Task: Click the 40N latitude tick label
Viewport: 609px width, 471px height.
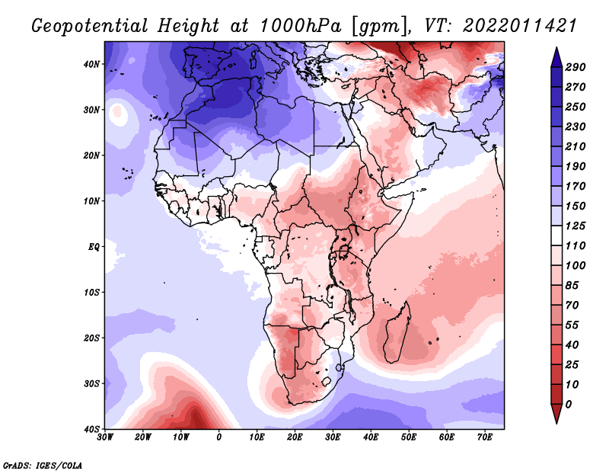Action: [91, 64]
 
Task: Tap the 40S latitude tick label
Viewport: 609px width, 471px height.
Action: [91, 428]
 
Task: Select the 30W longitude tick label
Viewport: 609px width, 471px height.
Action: [106, 437]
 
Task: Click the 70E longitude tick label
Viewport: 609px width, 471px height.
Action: [484, 437]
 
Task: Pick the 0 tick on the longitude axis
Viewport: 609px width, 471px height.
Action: [219, 437]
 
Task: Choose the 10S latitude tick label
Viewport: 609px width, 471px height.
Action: [91, 292]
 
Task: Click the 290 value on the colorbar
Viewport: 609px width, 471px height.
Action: [575, 68]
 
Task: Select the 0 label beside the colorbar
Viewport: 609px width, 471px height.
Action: [569, 403]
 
